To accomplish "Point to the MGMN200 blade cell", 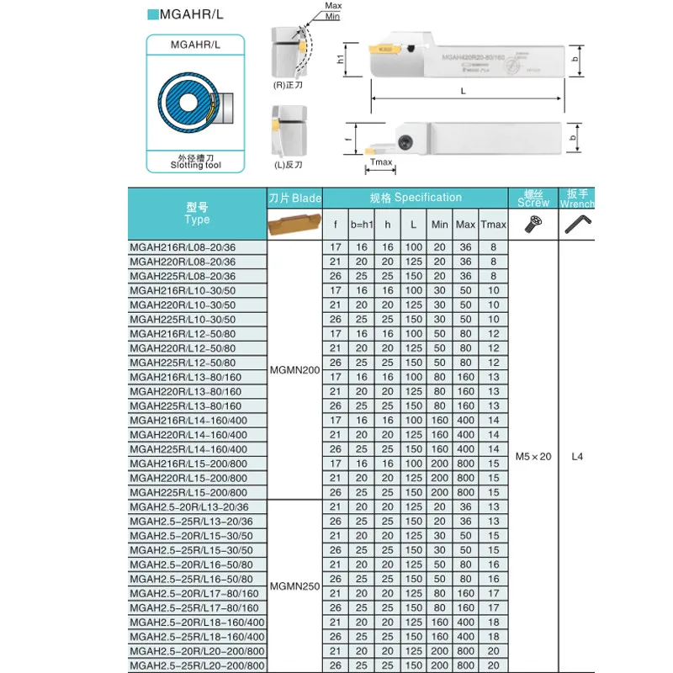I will (294, 369).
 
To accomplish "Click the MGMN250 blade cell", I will (294, 586).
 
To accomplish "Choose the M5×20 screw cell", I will (533, 456).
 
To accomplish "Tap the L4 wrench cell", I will (577, 456).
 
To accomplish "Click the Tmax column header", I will (494, 225).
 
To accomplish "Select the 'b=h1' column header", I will (361, 225).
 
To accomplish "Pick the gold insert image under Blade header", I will (294, 225).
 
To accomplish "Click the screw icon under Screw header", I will (533, 224).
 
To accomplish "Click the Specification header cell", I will (416, 198).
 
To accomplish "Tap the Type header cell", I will (197, 214).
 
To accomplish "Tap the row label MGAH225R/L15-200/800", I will (188, 492).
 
